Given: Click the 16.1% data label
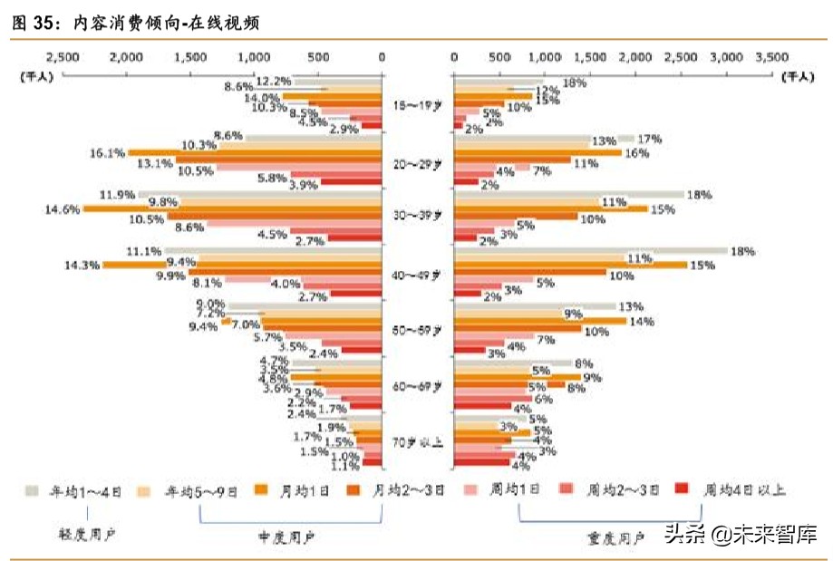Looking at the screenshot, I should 107,153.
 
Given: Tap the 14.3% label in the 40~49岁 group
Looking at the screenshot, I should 82,266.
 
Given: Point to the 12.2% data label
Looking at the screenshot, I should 273,80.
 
